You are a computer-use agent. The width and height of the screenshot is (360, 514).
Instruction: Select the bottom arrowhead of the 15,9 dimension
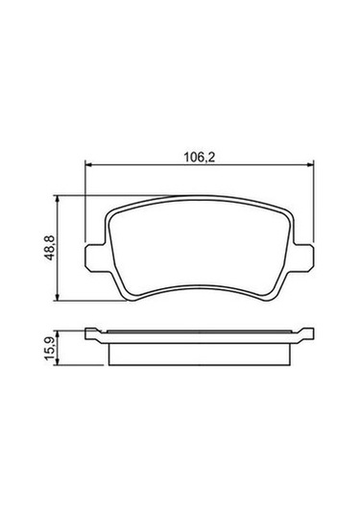point(61,363)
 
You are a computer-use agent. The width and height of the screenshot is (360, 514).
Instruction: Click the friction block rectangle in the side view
point(202,353)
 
